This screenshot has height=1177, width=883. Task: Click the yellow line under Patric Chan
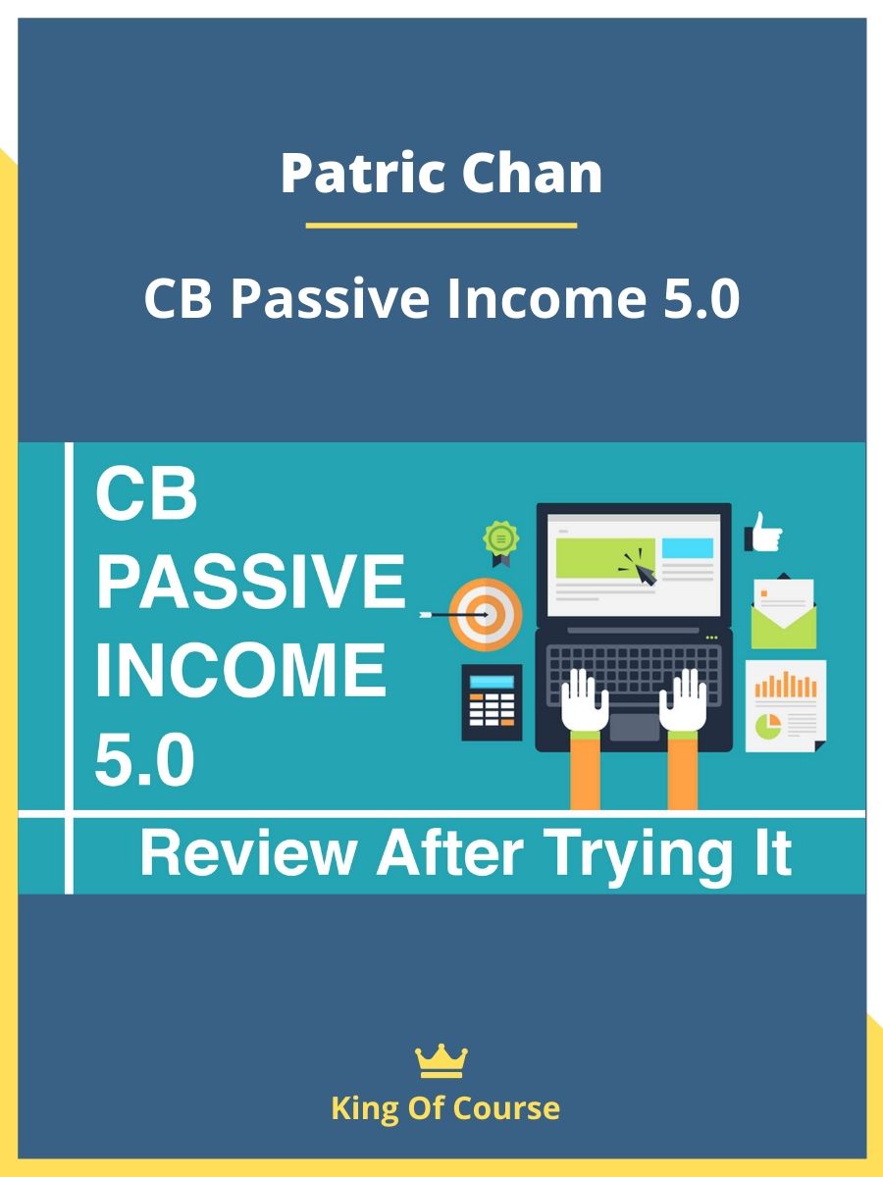pos(441,226)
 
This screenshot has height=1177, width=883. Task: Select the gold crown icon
pos(441,1060)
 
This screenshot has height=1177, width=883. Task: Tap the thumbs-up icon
pos(763,532)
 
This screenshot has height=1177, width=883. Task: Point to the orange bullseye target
pos(486,615)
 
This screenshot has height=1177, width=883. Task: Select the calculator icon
pos(492,702)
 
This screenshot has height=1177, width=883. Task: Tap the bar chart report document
pos(786,705)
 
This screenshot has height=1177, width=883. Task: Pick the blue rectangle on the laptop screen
pos(688,548)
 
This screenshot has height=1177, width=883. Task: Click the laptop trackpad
pos(634,727)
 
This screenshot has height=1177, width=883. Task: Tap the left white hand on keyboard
pos(585,699)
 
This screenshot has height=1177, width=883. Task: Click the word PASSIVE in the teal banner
pos(250,582)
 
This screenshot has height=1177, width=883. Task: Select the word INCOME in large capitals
pos(240,669)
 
